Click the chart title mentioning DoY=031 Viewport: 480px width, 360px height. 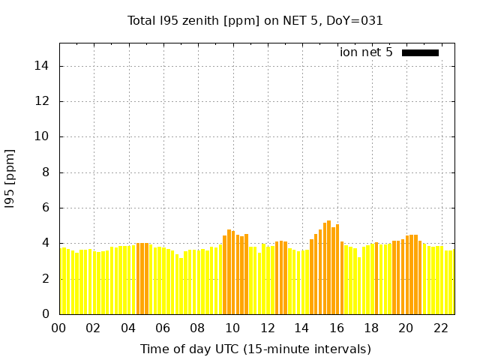255,21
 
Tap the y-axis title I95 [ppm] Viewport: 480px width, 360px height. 10,178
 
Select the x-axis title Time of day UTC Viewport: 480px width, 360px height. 255,349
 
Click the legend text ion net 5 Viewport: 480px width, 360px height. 366,52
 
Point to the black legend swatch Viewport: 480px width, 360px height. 420,52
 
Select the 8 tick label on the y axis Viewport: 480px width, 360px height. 46,172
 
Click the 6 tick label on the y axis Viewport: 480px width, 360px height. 46,208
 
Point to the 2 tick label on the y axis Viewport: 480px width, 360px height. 46,278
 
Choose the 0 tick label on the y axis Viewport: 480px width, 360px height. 46,313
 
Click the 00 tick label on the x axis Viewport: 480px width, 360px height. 58,328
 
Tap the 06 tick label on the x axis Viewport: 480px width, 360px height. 163,328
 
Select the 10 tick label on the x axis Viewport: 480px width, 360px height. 232,328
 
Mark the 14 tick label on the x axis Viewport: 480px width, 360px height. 301,328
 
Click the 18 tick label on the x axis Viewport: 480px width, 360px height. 371,328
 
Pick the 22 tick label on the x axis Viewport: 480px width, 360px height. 440,328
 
